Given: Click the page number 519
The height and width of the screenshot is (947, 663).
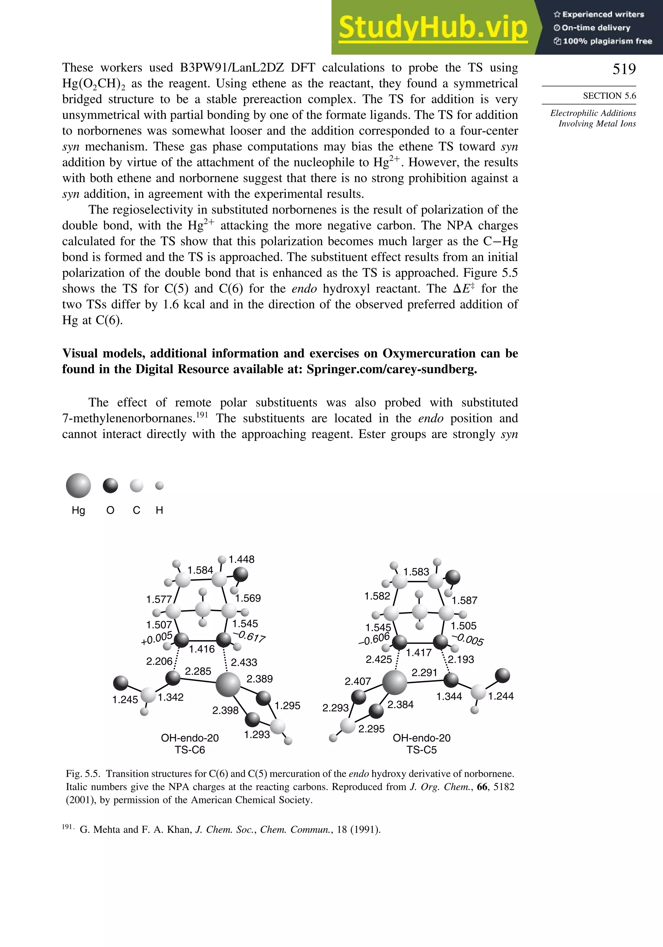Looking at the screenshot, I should (624, 69).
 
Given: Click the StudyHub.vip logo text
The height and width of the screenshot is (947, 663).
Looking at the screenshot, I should (433, 28).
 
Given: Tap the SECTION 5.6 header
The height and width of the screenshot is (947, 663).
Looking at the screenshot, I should (609, 96).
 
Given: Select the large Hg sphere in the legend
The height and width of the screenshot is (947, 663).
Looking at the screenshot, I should (78, 485).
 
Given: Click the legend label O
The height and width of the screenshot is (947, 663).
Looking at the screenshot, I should (110, 510).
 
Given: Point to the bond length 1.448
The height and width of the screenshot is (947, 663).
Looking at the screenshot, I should (242, 559).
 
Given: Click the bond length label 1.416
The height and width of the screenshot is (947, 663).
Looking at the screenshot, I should (202, 649).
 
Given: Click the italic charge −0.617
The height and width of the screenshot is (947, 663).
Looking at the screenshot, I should (249, 636).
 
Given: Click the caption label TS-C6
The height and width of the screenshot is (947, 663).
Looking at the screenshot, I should (190, 750).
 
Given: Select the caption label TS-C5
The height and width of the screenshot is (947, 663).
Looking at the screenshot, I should (421, 750).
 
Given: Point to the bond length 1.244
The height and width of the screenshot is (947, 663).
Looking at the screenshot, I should (501, 696).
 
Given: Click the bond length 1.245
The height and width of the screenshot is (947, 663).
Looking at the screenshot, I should (125, 699).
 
